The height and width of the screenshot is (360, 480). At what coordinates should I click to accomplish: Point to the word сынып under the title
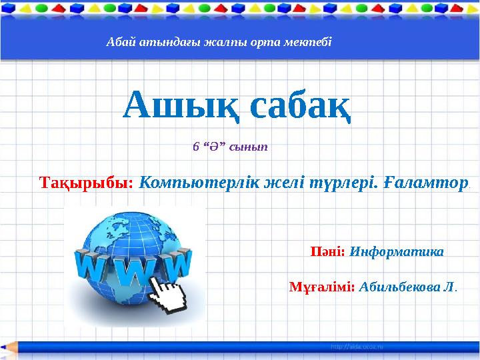248,147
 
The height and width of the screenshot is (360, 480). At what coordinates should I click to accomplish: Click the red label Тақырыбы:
87,182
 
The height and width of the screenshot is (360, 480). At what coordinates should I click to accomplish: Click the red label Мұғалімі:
322,287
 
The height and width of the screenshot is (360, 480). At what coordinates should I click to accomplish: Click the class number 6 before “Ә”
195,147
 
